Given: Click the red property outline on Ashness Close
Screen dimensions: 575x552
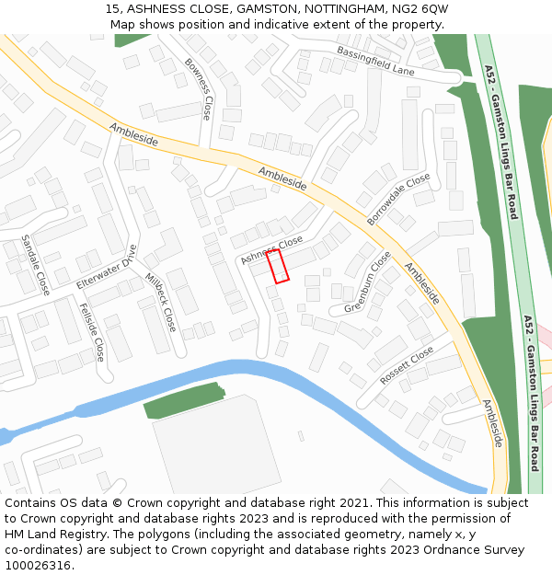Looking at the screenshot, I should [278, 266].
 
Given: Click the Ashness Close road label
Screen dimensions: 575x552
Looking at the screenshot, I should [271, 249].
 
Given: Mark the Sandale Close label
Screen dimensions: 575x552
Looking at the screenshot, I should [36, 264].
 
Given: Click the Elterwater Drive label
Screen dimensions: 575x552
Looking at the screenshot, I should [107, 268].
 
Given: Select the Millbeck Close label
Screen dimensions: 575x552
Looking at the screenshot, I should [159, 301].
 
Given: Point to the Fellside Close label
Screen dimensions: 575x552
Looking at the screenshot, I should [91, 331].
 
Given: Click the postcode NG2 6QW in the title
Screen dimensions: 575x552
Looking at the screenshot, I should [419, 8].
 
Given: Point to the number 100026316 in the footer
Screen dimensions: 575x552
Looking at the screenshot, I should [38, 566].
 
